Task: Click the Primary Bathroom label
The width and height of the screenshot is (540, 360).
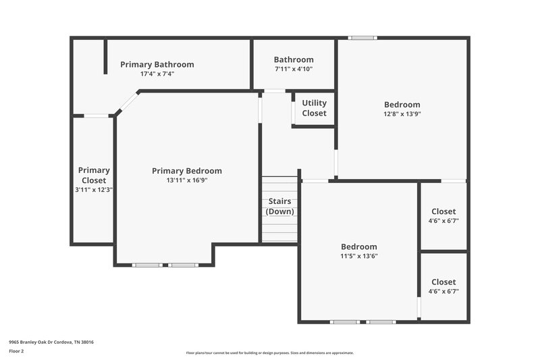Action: (x=157, y=65)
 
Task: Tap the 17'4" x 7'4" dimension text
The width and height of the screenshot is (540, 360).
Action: (x=157, y=74)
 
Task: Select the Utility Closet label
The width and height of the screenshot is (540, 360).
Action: (x=314, y=108)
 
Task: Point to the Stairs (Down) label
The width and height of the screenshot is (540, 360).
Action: (x=279, y=206)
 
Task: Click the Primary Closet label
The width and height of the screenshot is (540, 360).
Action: (x=93, y=176)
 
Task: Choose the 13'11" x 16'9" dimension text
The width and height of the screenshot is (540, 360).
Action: (x=186, y=180)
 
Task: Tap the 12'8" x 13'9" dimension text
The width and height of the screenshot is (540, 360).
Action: (x=402, y=114)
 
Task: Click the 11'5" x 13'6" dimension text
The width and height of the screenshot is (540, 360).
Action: (x=358, y=257)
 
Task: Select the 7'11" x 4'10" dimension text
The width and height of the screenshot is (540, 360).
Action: (x=294, y=69)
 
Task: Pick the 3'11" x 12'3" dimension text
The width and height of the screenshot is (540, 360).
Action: (x=93, y=190)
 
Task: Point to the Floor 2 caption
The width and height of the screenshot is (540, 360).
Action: (x=17, y=352)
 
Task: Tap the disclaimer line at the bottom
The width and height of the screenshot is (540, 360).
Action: (x=269, y=353)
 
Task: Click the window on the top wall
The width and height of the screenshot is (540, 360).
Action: (x=362, y=38)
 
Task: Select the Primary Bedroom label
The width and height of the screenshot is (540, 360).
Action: (x=186, y=171)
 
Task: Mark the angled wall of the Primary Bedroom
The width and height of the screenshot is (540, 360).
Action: (x=128, y=103)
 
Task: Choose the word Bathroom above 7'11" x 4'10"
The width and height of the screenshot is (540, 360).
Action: (x=294, y=59)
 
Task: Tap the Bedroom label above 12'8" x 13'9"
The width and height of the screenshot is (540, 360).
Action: (x=402, y=105)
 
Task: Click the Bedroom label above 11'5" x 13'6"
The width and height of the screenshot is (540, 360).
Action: (x=358, y=247)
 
